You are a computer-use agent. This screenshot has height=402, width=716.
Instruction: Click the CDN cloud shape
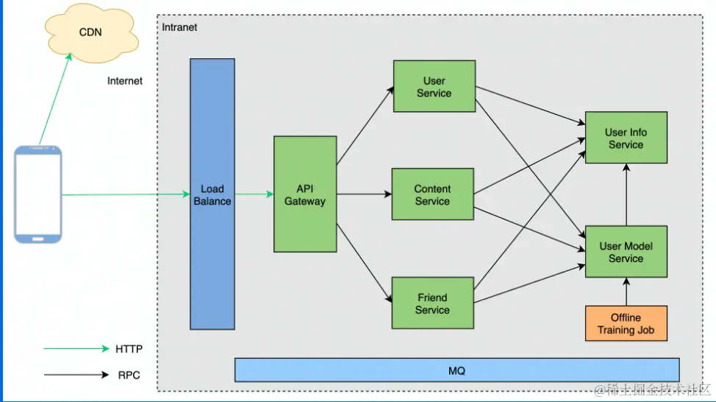(x=90, y=32)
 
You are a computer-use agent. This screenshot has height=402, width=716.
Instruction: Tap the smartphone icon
(x=39, y=194)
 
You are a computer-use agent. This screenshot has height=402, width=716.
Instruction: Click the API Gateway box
(x=305, y=194)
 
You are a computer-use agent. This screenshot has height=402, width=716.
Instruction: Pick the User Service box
(x=434, y=87)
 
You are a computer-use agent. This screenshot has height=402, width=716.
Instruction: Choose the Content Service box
(x=432, y=194)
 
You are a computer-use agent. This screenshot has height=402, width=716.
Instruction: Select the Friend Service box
(x=432, y=303)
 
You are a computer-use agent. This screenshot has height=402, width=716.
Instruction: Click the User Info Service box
(x=626, y=138)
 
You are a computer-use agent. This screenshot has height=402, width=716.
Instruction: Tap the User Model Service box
(x=626, y=252)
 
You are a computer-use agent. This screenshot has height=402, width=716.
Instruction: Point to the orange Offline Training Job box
(x=626, y=323)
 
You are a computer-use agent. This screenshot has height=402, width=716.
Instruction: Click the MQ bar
(x=457, y=370)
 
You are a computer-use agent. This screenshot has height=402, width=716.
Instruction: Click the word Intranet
(x=179, y=27)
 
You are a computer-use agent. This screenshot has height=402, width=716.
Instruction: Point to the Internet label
(x=125, y=81)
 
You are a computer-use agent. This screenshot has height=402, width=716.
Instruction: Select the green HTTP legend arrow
(x=76, y=348)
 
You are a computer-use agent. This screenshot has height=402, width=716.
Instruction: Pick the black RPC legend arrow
(x=76, y=375)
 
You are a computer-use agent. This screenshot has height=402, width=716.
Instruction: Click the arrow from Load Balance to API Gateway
(x=254, y=194)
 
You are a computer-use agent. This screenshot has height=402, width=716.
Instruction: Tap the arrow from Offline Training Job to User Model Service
(x=626, y=292)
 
